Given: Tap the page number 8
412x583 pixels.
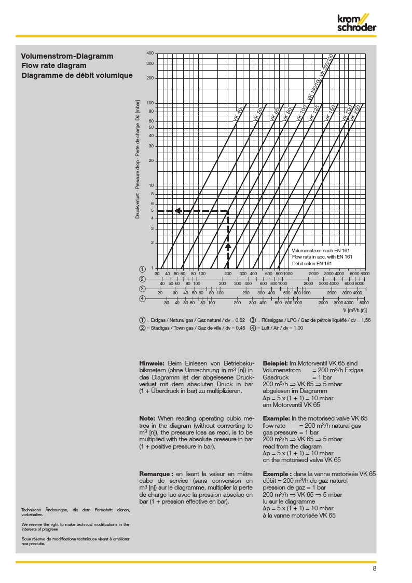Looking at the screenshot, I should pos(374,568).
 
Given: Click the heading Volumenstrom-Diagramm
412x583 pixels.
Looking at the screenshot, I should pos(67,56).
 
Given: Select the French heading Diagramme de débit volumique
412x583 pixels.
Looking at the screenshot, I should pos(77,75).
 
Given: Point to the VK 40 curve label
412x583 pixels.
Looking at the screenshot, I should pos(238,115).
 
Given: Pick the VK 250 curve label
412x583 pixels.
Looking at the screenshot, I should pos(355,114).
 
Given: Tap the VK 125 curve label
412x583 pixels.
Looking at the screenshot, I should pos(314,113).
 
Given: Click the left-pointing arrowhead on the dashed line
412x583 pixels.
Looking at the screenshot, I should pos(177,211).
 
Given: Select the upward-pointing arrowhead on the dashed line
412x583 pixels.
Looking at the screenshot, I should pos(227,245).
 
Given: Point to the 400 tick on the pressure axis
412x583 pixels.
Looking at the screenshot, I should pos(150,53).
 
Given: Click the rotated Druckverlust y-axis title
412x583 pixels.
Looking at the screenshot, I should pos(138,161).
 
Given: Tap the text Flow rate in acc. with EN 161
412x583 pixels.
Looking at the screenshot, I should pos(322,257).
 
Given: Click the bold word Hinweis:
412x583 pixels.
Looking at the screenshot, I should pos(152,363).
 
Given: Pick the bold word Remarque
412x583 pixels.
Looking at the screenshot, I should pos(156,474).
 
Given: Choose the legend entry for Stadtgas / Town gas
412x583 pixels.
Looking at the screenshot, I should pos(192,328).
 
